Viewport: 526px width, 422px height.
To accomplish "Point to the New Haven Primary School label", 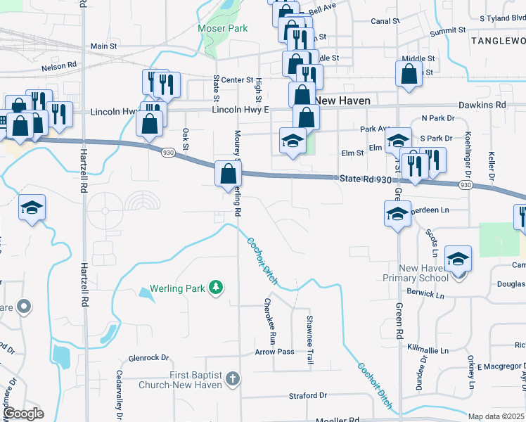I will (423, 273).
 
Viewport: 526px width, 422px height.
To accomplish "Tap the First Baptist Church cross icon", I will (234, 380).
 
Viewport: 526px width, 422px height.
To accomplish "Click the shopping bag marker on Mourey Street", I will (228, 174).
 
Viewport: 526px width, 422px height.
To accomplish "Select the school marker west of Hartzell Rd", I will (31, 209).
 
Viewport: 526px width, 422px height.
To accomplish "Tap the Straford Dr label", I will (308, 396).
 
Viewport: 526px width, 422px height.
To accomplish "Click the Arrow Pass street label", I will (274, 351).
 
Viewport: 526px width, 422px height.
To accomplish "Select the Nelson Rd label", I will (58, 66).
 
